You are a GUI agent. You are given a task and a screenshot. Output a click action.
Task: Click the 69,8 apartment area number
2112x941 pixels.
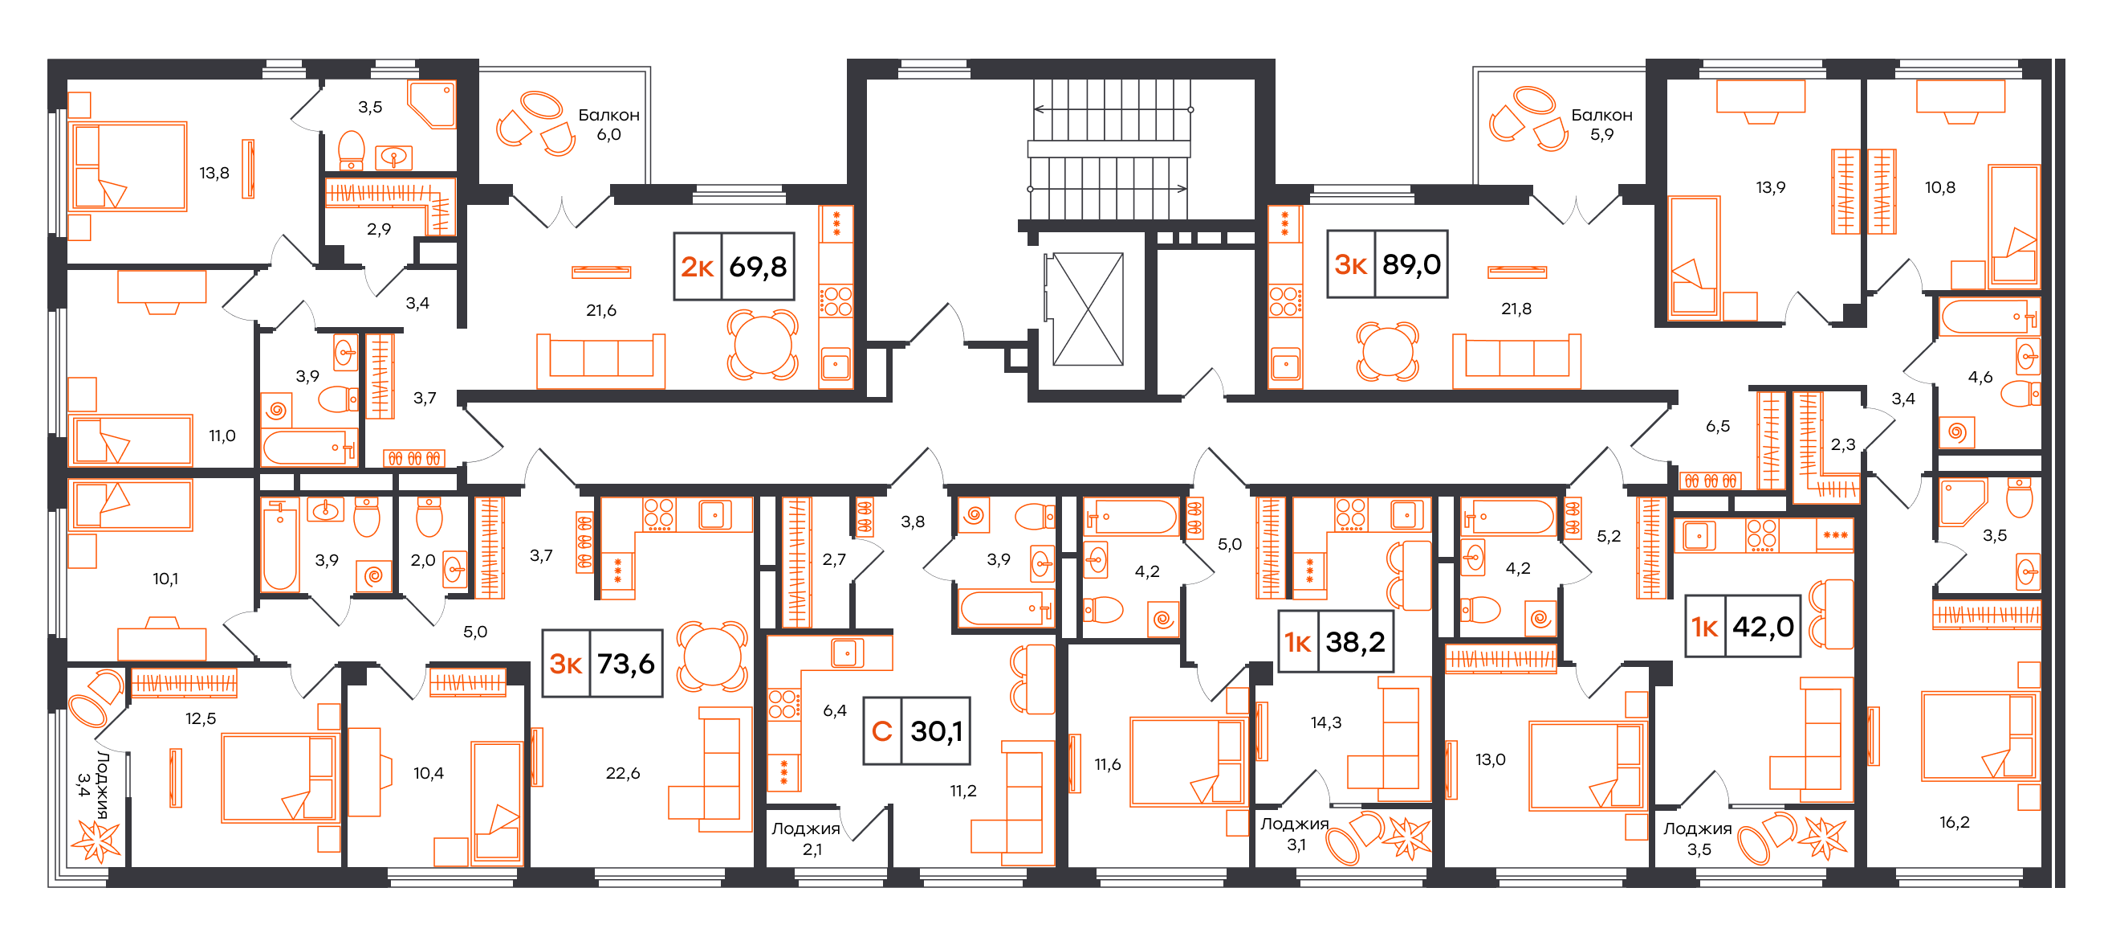758,267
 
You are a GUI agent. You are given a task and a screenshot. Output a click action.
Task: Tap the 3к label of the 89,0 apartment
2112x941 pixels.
1349,264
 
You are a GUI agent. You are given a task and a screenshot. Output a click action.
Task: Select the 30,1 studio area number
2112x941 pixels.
936,731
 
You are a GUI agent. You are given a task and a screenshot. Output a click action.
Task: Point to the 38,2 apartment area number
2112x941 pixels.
1355,641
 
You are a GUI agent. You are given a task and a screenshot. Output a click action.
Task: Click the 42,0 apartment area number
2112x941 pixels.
1763,627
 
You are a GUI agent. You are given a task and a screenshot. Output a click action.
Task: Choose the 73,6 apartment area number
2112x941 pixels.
625,663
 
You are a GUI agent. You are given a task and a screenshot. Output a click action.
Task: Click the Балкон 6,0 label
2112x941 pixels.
608,125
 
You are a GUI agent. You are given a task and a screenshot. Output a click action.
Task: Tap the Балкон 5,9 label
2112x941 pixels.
1601,125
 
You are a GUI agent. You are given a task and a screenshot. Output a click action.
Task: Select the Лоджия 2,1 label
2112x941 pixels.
806,838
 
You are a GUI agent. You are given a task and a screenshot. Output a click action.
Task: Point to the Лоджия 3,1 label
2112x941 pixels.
1295,833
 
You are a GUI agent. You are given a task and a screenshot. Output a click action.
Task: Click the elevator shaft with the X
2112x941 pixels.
1088,309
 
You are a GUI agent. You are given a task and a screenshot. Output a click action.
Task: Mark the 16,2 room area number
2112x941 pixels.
1955,822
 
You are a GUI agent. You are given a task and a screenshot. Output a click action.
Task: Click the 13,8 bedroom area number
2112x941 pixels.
214,173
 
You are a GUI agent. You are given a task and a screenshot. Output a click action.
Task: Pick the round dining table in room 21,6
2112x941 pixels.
763,345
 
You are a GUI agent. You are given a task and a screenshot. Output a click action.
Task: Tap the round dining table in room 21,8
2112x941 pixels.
1386,351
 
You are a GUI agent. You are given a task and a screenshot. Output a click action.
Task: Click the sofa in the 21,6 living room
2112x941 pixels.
601,361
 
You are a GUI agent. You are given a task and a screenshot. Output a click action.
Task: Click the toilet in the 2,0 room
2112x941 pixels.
429,515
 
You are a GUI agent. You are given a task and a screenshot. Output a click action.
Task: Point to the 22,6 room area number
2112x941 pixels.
623,773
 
